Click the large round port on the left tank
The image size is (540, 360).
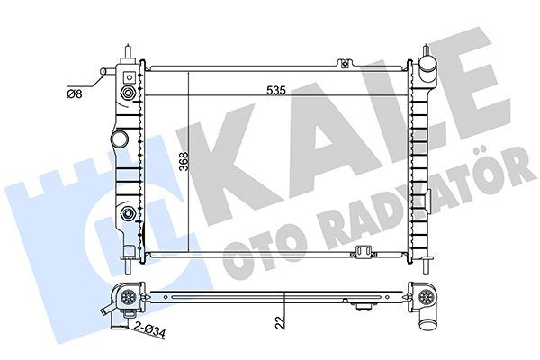coord(119,141)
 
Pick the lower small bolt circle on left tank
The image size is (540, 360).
coord(130,213)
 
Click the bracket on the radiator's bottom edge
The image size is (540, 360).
coord(364,253)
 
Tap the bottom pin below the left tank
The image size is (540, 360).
coord(131,263)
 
